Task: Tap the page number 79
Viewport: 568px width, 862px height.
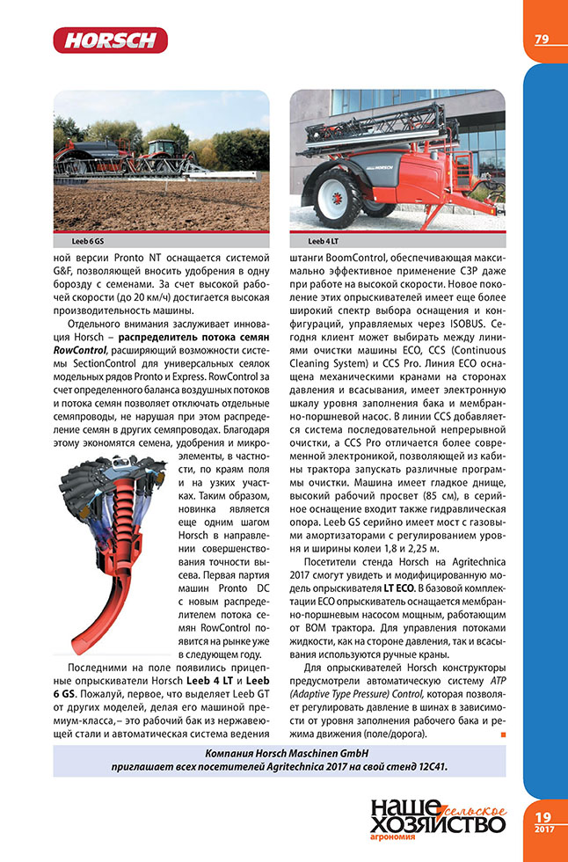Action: point(542,39)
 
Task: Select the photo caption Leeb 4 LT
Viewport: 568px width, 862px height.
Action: point(324,239)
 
